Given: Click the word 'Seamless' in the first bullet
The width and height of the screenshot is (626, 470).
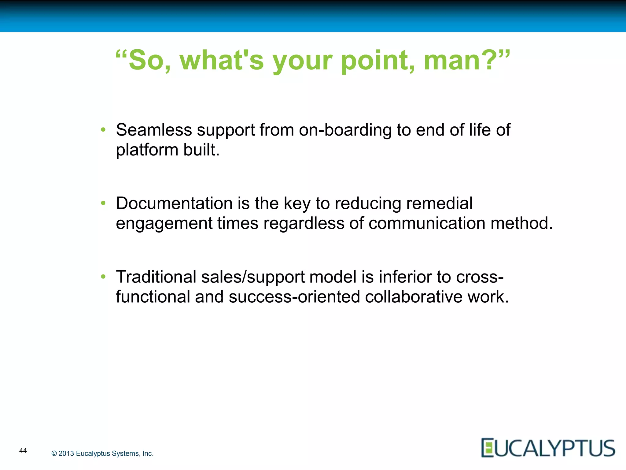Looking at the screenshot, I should tap(154, 130).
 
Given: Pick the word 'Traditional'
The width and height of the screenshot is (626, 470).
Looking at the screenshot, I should tap(156, 277).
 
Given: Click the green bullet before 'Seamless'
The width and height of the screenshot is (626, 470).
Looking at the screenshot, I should tap(103, 130).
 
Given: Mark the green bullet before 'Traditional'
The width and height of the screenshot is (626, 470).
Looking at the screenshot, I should tap(103, 277).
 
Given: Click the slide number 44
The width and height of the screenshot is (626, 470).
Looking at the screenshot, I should tap(23, 450).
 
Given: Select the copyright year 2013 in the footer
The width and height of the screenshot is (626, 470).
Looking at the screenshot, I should tap(66, 453).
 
